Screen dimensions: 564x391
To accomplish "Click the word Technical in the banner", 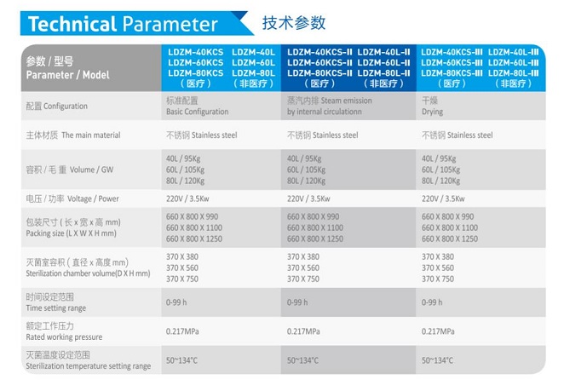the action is [72, 24].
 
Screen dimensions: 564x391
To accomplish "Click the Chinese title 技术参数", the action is [294, 23].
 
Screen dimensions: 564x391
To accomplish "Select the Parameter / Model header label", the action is [67, 75].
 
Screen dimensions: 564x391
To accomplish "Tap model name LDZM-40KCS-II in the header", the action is [319, 52].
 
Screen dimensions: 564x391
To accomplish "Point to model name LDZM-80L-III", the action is [513, 73].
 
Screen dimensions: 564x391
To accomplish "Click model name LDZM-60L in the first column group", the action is [253, 62].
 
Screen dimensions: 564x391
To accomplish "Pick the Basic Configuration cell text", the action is [197, 112].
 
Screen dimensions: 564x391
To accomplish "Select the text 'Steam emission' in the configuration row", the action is [346, 101].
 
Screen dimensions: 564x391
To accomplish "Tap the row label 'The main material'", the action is [91, 135].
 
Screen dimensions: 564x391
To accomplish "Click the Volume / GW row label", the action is [91, 170].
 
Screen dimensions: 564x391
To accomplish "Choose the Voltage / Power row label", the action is [93, 198].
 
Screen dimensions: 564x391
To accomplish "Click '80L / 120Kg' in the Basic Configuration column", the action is [185, 181].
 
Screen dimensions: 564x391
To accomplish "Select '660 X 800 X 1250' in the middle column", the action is [315, 239].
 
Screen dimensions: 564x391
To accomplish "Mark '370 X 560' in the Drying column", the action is [438, 267].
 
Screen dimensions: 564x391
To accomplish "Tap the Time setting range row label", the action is [55, 308].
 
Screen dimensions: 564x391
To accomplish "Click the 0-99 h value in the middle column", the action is [297, 302].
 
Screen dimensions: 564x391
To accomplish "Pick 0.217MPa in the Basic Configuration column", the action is [182, 331].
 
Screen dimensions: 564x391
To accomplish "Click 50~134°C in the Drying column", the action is [437, 360].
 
